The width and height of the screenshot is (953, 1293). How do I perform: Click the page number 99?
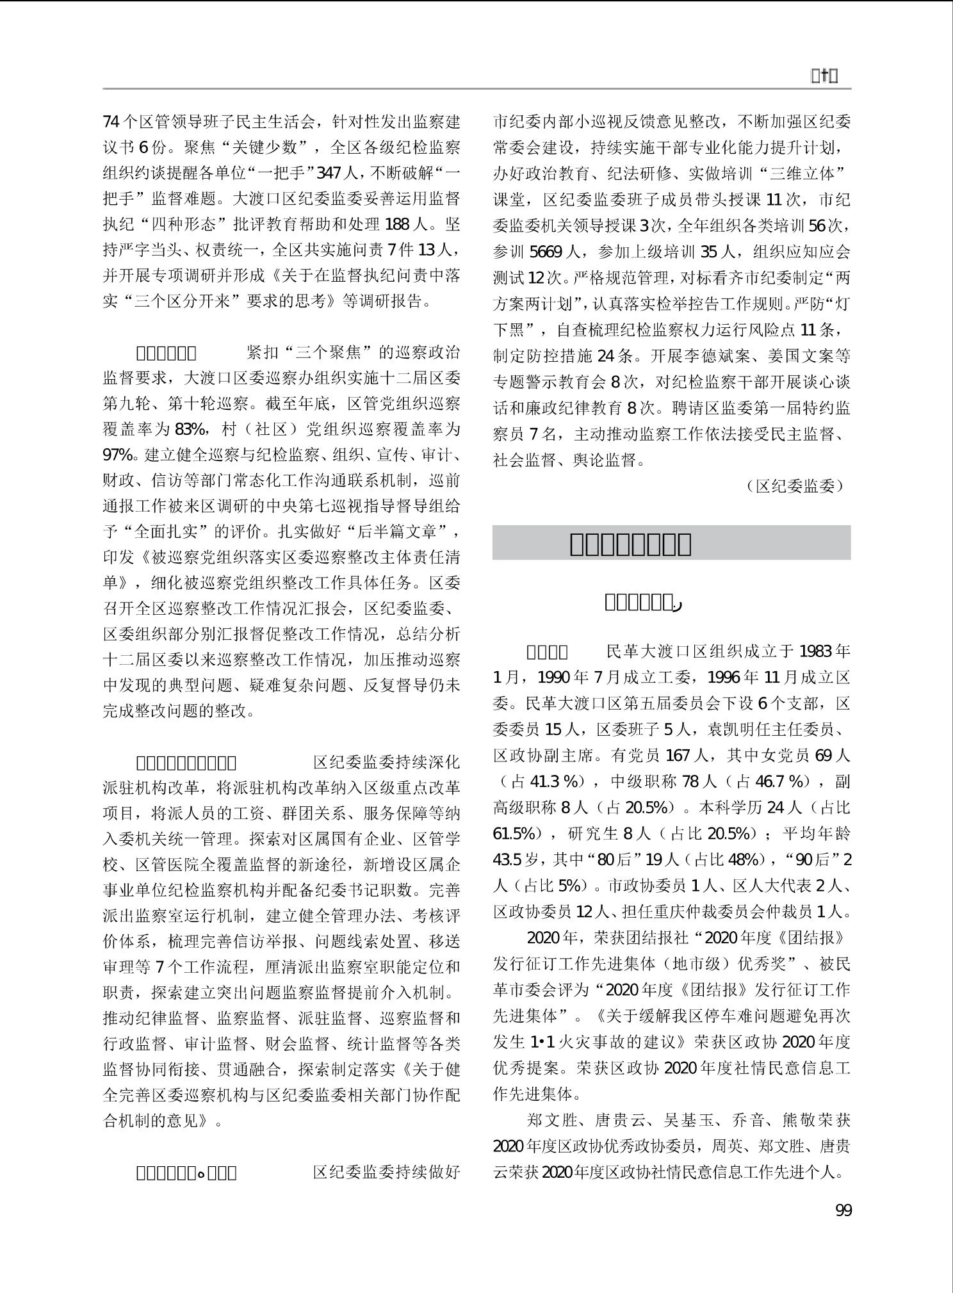click(843, 1210)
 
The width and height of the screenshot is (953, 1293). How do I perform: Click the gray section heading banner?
click(671, 543)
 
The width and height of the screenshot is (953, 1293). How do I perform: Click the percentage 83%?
click(190, 429)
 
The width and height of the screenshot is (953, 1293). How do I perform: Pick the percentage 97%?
click(118, 455)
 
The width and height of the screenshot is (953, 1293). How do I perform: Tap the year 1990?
click(553, 678)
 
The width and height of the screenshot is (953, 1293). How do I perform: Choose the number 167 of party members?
click(678, 756)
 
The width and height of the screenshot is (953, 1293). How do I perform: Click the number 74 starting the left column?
click(111, 121)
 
